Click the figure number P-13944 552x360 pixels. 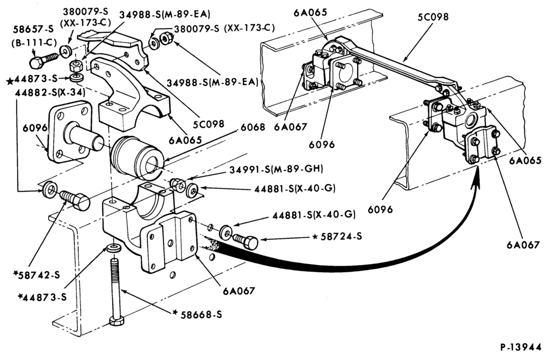(x=521, y=347)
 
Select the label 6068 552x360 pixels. (x=253, y=127)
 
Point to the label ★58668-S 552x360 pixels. (x=197, y=314)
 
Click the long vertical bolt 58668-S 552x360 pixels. (x=115, y=293)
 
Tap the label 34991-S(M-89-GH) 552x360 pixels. (x=276, y=169)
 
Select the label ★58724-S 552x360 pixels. (x=337, y=236)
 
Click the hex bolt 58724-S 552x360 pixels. (x=246, y=241)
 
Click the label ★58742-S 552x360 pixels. (x=36, y=275)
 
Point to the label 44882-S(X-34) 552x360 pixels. (x=50, y=93)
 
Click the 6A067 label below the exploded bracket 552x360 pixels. (x=238, y=290)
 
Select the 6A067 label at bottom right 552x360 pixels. (x=523, y=244)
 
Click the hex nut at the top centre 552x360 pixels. (x=165, y=36)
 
